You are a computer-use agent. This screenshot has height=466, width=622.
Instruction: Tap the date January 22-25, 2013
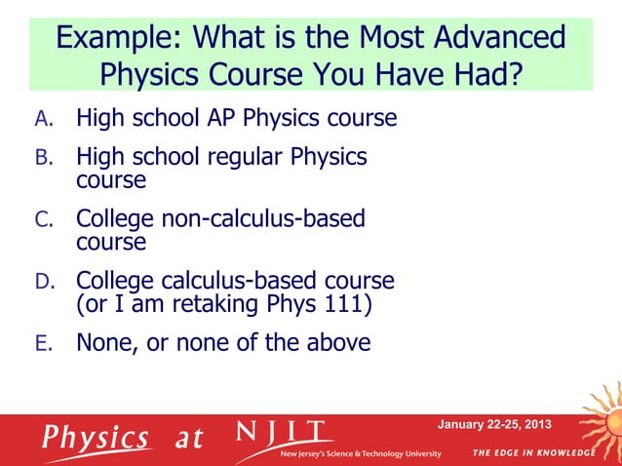[494, 424]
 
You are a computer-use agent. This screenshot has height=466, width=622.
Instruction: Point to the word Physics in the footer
[95, 437]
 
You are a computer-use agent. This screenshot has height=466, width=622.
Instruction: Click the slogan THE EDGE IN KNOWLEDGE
[532, 453]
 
